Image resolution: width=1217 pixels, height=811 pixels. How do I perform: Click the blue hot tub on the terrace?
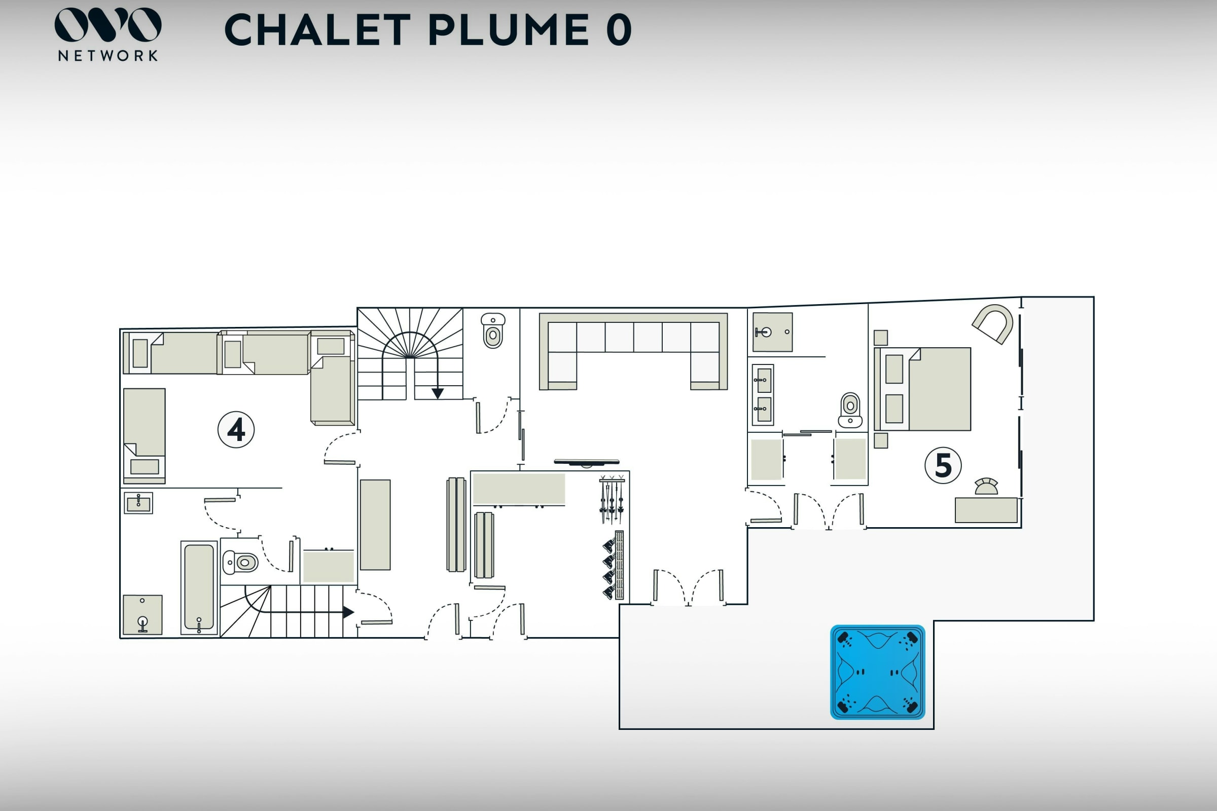point(877,672)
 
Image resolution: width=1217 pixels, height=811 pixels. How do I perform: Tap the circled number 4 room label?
point(236,429)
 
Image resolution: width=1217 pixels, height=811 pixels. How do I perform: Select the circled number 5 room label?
point(943,465)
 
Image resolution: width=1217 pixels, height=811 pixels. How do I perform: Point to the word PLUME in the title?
point(509,30)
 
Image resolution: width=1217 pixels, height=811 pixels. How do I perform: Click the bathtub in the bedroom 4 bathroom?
point(199,587)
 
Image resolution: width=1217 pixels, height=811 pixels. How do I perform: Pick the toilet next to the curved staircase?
point(492,330)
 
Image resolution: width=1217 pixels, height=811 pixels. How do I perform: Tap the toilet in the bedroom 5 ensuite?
point(850,410)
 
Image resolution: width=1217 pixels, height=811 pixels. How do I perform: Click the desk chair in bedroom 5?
point(986,487)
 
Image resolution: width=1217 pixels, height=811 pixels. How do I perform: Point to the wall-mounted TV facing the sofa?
point(586,462)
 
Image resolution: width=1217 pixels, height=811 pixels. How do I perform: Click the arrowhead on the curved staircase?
point(438,394)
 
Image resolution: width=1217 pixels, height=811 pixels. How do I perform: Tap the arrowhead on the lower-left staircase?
point(348,612)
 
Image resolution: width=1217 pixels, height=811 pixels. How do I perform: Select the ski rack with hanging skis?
point(612,499)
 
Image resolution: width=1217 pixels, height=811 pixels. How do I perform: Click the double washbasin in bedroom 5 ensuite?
point(763,394)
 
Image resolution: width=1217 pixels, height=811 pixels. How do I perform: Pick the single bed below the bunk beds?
point(145,435)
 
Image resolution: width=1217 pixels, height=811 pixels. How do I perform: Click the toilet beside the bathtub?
point(240,562)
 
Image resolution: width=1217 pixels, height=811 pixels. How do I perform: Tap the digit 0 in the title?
point(619,30)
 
